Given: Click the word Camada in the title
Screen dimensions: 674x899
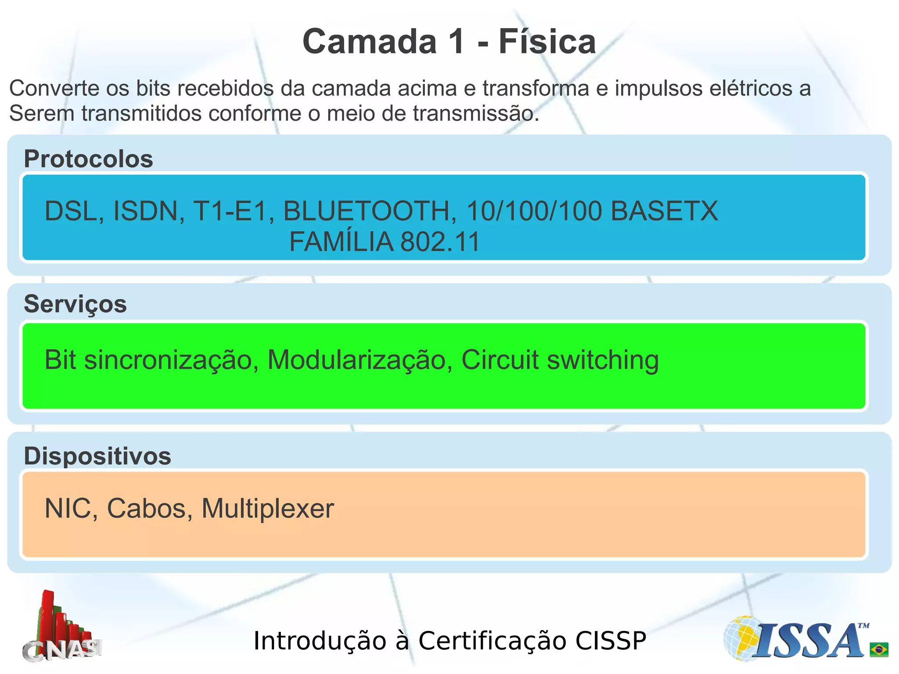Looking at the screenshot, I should (x=370, y=42).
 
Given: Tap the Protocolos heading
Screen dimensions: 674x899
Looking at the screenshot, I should (x=88, y=158).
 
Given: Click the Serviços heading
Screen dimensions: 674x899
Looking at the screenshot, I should (x=75, y=304).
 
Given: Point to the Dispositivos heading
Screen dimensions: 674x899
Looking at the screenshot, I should (x=97, y=456).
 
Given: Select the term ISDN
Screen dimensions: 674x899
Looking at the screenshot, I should (x=149, y=211).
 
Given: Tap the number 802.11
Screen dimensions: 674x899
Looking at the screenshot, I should (x=440, y=241).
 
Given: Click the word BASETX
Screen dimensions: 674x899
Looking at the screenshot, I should (x=664, y=211).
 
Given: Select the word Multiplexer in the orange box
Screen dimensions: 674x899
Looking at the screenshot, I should (x=268, y=509).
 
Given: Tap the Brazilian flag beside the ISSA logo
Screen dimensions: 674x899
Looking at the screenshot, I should (x=879, y=649).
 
